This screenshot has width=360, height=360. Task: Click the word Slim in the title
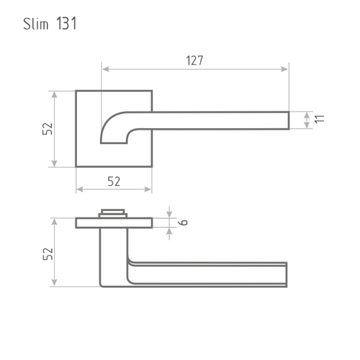[x=36, y=24]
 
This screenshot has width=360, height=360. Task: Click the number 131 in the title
[x=66, y=24]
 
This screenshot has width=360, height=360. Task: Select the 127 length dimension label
[x=194, y=60]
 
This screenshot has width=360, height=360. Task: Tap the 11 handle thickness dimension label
[x=320, y=119]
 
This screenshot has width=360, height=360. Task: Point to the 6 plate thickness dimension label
[x=183, y=222]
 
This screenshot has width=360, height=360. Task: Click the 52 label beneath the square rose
[x=114, y=181]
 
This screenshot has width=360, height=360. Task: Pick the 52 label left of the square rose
[x=48, y=129]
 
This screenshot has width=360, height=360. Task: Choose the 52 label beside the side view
[x=48, y=254]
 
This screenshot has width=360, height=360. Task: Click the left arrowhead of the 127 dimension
[x=106, y=69]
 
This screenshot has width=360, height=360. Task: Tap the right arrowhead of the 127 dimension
[x=284, y=69]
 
